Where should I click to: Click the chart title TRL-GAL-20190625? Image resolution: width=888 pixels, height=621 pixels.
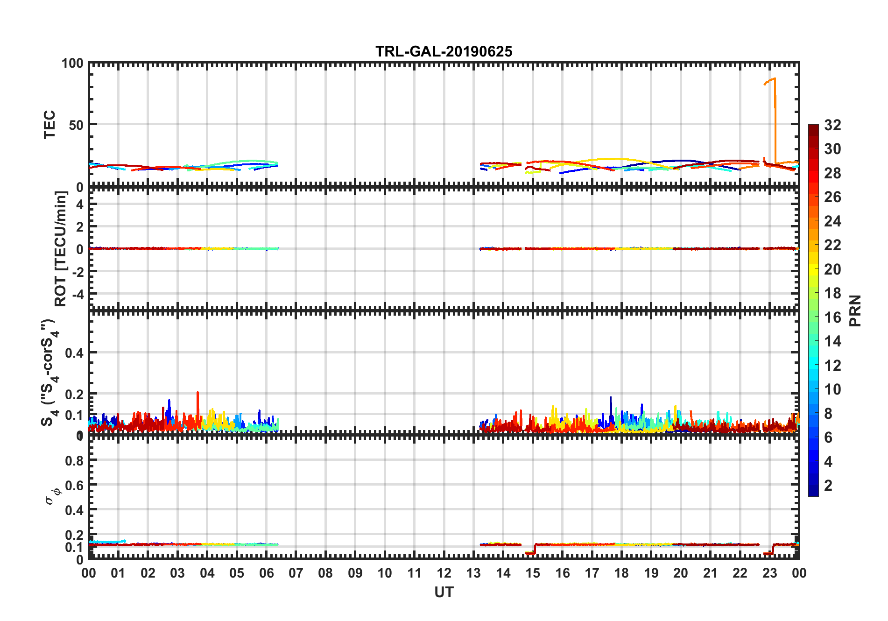(x=444, y=51)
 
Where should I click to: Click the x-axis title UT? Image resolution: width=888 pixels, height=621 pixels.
(x=444, y=592)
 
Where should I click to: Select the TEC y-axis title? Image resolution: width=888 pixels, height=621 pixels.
(x=49, y=124)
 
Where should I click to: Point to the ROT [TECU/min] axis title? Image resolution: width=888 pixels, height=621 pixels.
(x=61, y=248)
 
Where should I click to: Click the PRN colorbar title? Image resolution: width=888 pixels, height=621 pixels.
(x=855, y=310)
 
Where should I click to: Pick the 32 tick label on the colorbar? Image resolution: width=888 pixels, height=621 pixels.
(x=832, y=125)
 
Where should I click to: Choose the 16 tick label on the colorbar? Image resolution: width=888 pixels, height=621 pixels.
(x=832, y=318)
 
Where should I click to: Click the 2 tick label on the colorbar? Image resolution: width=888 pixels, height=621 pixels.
(x=828, y=486)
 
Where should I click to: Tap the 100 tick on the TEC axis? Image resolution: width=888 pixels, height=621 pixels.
(x=72, y=64)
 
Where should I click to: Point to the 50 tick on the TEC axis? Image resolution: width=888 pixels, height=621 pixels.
(x=76, y=125)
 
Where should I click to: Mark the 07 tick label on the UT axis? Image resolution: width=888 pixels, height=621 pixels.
(x=296, y=573)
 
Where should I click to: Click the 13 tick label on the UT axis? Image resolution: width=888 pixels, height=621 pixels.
(x=473, y=573)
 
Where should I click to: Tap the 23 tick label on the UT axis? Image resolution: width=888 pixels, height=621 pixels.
(x=769, y=573)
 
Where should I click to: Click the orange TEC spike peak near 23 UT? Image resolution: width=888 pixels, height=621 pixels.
(x=775, y=78)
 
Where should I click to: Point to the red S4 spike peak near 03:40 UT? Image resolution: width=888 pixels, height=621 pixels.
(x=197, y=393)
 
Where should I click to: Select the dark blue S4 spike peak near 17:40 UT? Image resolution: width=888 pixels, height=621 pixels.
(x=610, y=398)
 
